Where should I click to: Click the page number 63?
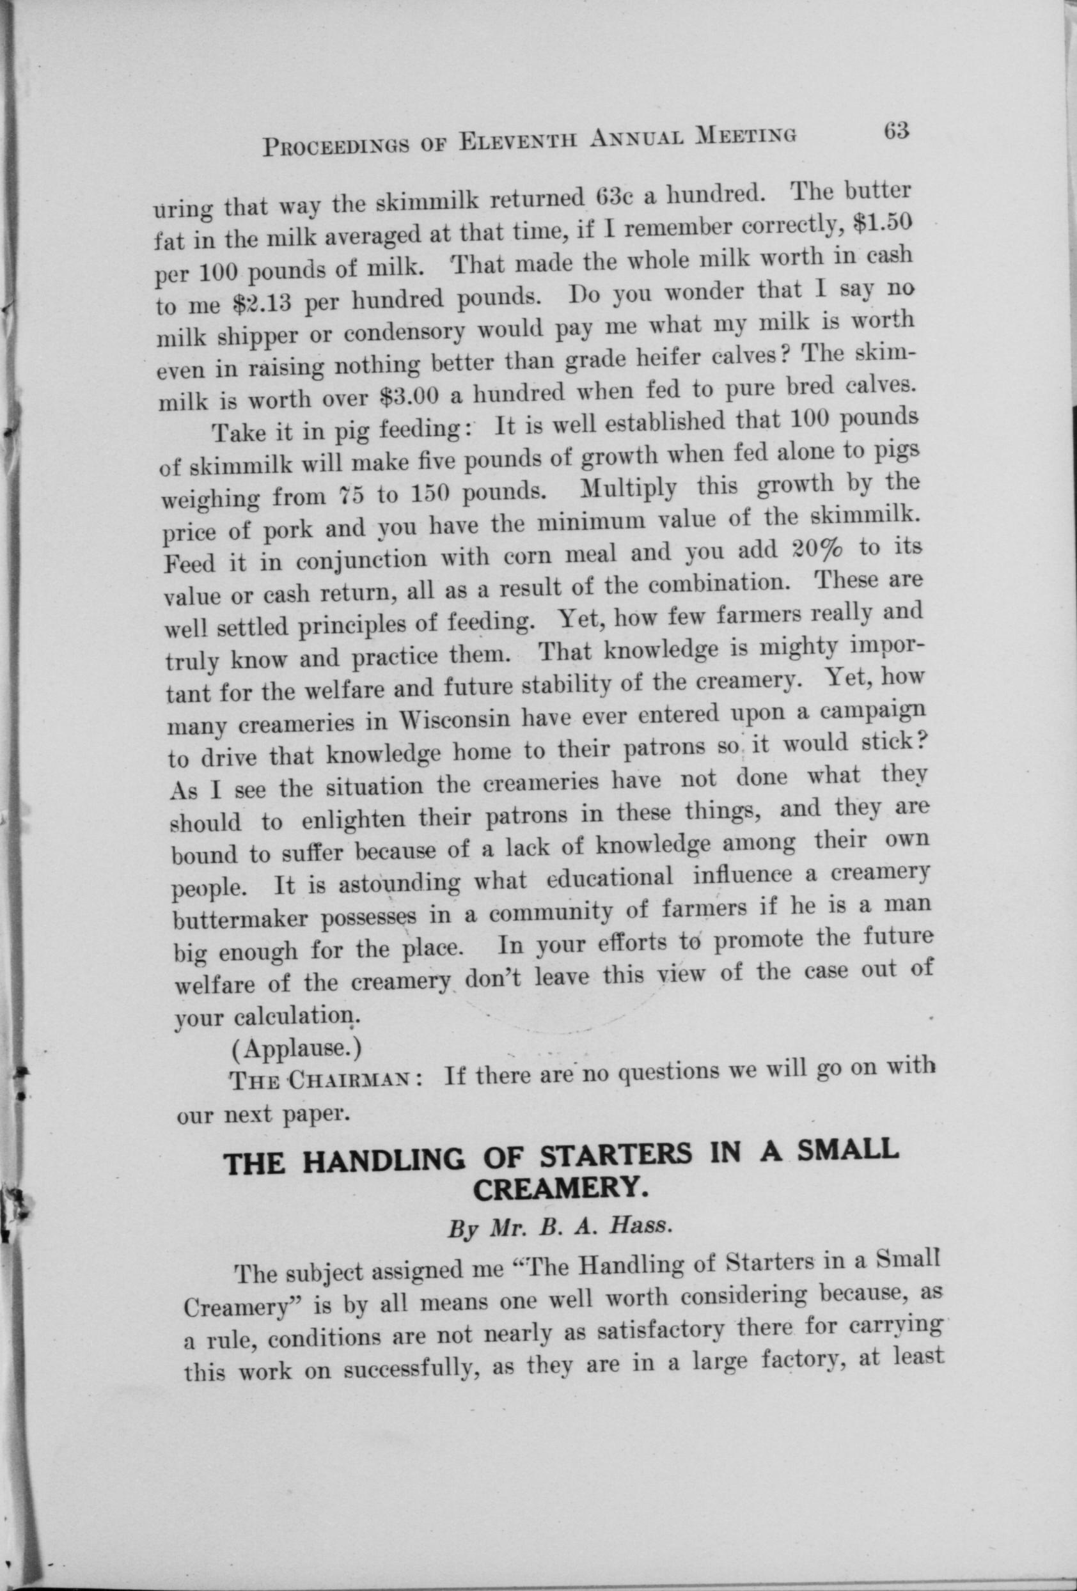click(x=895, y=130)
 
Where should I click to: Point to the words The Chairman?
click(x=327, y=1081)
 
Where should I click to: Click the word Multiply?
click(x=628, y=490)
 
